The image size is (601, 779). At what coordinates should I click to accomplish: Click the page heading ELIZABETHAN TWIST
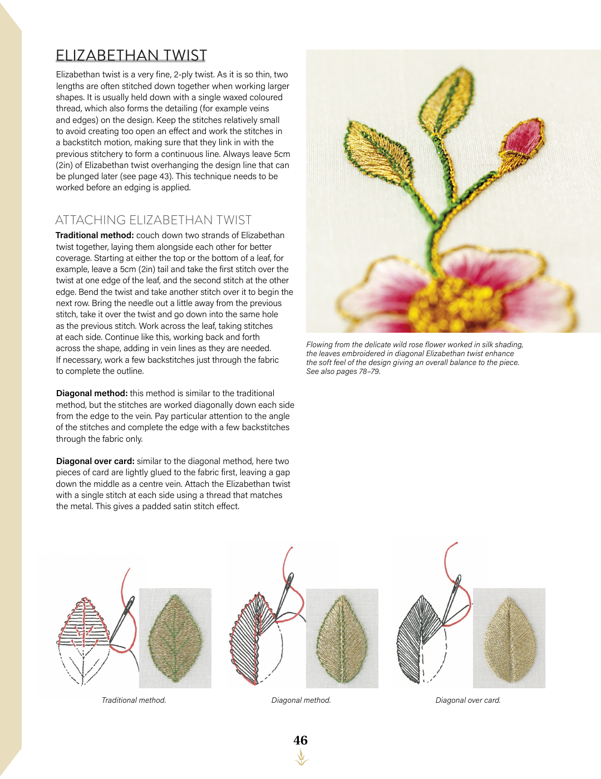(131, 55)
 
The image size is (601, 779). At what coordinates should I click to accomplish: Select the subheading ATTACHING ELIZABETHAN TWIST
(154, 220)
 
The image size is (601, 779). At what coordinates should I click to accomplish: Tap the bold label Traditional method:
(95, 235)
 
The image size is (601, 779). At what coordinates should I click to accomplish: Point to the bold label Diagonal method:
(92, 393)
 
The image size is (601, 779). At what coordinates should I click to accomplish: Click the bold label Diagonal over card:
(95, 461)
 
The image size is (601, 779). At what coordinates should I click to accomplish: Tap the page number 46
(300, 740)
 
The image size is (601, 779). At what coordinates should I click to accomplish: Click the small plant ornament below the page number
(301, 758)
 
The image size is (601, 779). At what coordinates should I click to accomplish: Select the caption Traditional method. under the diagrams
(134, 700)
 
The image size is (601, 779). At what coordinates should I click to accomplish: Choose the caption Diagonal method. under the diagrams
(301, 700)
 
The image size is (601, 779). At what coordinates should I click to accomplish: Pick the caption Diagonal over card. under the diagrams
(468, 700)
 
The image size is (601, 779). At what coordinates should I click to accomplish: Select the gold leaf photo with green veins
(175, 638)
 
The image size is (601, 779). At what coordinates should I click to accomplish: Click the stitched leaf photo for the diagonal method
(342, 638)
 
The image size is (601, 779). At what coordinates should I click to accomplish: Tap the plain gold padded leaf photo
(509, 638)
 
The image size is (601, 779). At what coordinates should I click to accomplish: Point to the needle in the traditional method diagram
(123, 618)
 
